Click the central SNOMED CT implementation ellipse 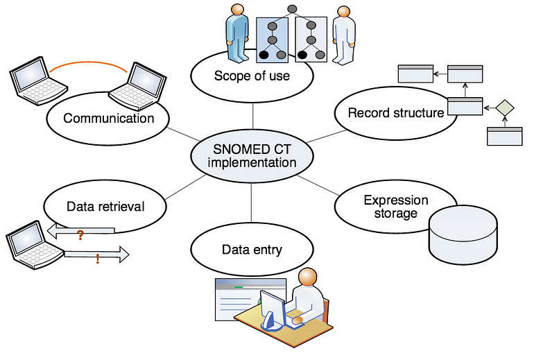[252, 156]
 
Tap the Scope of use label [252, 76]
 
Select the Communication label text [109, 118]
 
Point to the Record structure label [396, 113]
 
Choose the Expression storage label [396, 207]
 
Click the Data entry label [252, 250]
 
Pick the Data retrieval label [105, 207]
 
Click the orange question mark [80, 235]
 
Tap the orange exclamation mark [98, 259]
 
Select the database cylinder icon [463, 234]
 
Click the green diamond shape [505, 108]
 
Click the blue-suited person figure [237, 33]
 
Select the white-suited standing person [344, 35]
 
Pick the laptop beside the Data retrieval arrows [35, 246]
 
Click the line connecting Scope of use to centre [252, 116]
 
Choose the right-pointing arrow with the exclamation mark [96, 254]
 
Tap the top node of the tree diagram [292, 8]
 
